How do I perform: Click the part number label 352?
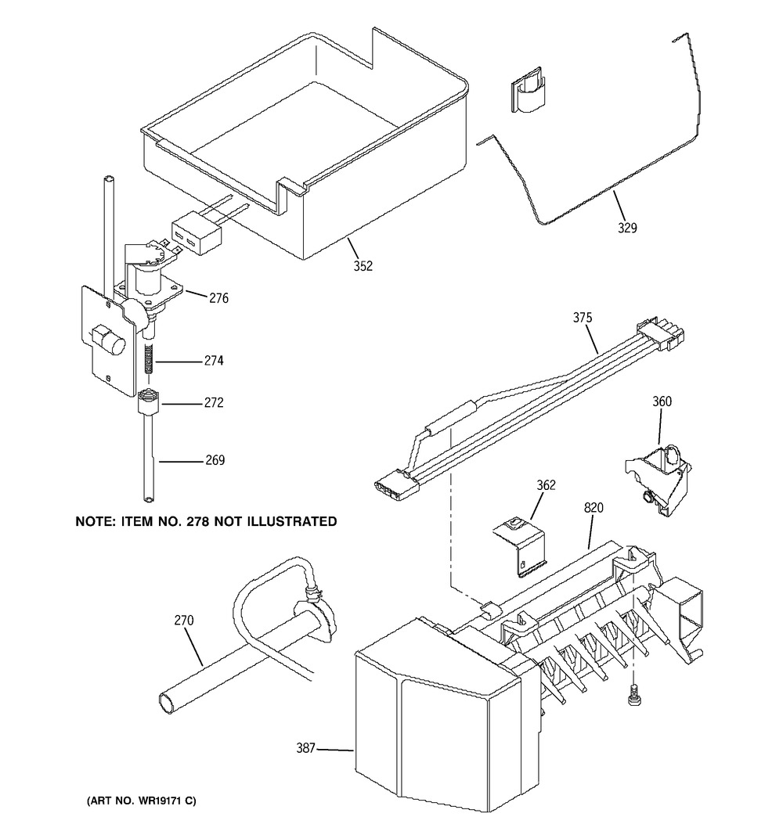point(363,266)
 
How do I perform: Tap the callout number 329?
point(627,228)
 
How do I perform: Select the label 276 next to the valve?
point(218,298)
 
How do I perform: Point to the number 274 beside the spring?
point(214,361)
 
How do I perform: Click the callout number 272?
point(214,403)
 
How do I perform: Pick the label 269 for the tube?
point(215,460)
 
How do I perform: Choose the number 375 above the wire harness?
point(583,318)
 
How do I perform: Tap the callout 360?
point(662,401)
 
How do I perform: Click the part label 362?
point(546,485)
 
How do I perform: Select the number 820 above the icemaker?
point(594,508)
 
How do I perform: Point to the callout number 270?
point(184,621)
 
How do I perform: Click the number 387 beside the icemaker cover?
point(306,748)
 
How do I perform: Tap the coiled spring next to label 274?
point(150,359)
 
